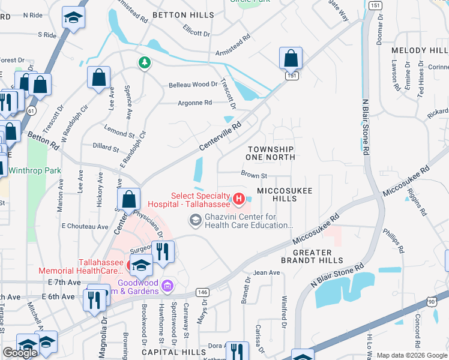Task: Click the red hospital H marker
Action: coord(239,198)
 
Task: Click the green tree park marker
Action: coord(144,62)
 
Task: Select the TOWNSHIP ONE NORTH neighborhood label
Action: coord(270,153)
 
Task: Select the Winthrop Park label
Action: coord(34,170)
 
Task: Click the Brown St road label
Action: coord(253,175)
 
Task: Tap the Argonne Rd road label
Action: coord(194,103)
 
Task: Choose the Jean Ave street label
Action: coord(267,272)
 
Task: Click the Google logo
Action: coord(20,353)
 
